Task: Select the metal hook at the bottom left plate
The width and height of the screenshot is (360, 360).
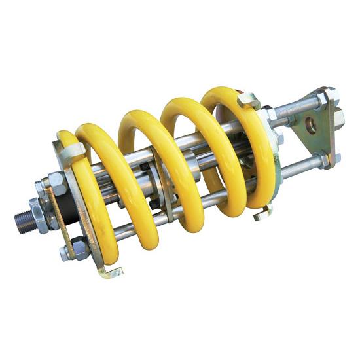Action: tap(110, 271)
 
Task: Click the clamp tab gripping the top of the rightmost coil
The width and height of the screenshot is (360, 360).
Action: tap(249, 99)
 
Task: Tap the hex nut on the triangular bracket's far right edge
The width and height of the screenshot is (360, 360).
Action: tap(338, 118)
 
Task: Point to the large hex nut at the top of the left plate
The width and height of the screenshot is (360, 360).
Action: tap(58, 183)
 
